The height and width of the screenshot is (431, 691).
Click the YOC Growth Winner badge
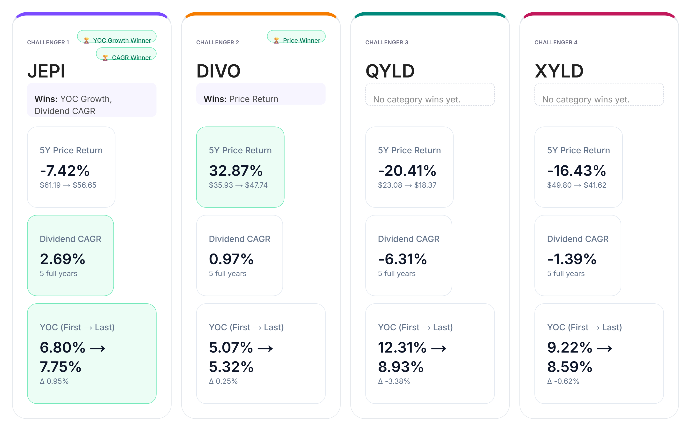click(x=117, y=37)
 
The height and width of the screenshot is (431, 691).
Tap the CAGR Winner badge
click(x=126, y=54)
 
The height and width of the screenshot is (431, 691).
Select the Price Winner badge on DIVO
click(x=296, y=37)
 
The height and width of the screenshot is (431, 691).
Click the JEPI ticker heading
click(x=46, y=71)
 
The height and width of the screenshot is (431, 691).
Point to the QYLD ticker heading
click(x=390, y=71)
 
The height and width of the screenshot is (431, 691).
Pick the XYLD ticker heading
click(x=559, y=71)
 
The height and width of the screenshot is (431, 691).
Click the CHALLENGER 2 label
click(x=218, y=42)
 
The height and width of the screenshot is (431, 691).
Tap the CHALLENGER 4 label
click(x=556, y=42)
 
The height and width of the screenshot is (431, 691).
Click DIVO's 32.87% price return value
click(x=236, y=171)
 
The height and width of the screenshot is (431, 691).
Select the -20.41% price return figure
click(x=407, y=171)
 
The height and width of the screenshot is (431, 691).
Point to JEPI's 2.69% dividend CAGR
click(x=63, y=259)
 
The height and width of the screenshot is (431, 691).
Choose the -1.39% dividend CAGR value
click(x=572, y=259)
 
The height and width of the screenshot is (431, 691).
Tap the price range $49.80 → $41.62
click(x=577, y=185)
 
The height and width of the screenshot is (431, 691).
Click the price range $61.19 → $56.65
click(x=68, y=185)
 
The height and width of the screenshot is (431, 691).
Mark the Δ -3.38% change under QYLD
click(x=394, y=381)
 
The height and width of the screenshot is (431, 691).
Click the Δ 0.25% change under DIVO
click(x=223, y=381)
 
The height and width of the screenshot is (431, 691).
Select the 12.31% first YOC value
click(x=402, y=347)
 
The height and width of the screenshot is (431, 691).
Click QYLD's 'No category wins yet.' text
click(x=417, y=100)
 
